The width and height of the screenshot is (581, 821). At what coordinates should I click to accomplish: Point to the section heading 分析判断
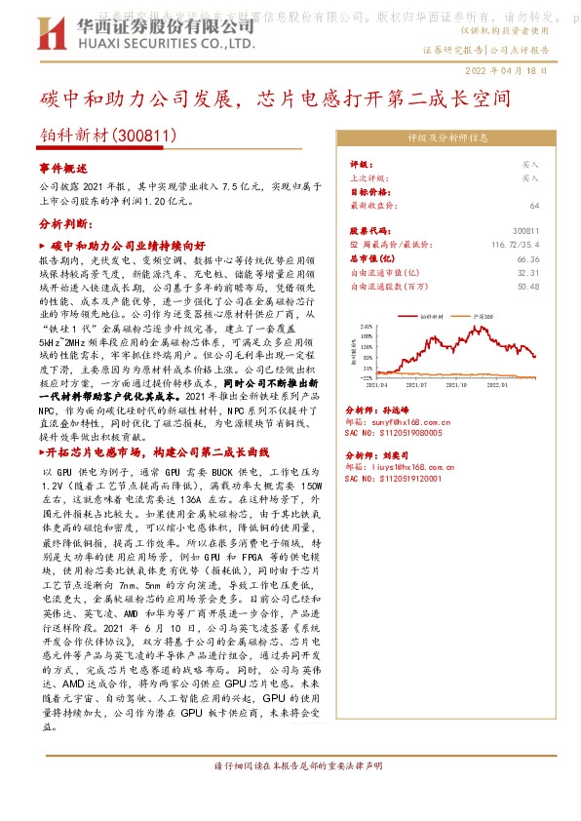(x=65, y=223)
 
